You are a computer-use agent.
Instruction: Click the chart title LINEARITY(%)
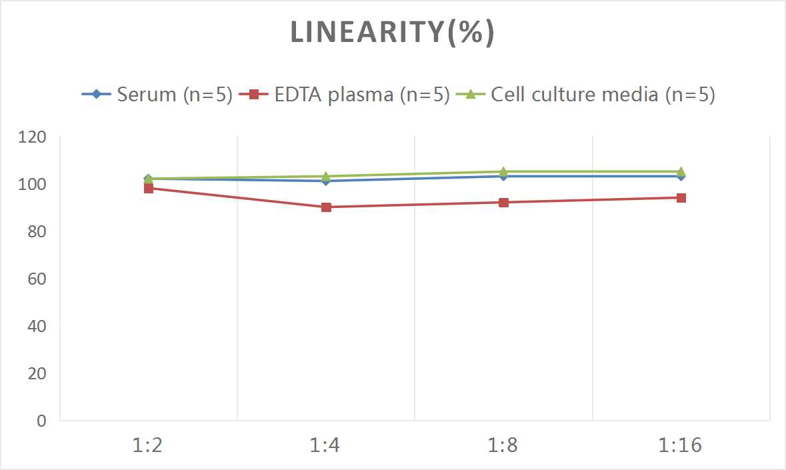click(x=392, y=33)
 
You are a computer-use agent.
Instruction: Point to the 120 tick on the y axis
click(x=33, y=137)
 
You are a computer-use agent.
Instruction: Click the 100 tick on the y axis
click(x=33, y=184)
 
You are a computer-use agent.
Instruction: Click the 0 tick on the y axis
click(x=41, y=421)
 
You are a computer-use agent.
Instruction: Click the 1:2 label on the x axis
click(x=148, y=445)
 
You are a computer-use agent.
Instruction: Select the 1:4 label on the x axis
click(x=326, y=445)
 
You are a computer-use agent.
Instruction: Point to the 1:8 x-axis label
click(x=503, y=445)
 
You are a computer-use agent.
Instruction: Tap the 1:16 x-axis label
click(x=681, y=445)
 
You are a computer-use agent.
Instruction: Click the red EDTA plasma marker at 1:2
click(x=148, y=188)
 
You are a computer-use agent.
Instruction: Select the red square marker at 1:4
click(x=326, y=207)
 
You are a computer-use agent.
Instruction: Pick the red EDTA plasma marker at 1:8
click(x=503, y=203)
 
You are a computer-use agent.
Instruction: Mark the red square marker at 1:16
click(x=681, y=198)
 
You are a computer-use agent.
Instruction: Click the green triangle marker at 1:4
click(x=326, y=177)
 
